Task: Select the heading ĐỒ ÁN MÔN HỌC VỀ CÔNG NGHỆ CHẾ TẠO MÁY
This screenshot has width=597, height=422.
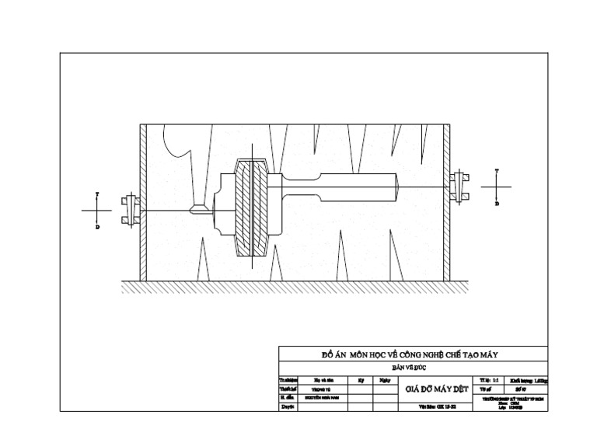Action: (410, 354)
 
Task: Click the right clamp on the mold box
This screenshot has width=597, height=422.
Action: (459, 186)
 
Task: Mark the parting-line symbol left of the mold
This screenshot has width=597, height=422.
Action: (98, 210)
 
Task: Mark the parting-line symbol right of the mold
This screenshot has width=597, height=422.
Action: (497, 187)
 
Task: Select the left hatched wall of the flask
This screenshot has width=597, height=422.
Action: (143, 203)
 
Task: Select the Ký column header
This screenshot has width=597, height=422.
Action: (361, 381)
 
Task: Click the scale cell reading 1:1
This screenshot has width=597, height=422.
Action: (494, 381)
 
